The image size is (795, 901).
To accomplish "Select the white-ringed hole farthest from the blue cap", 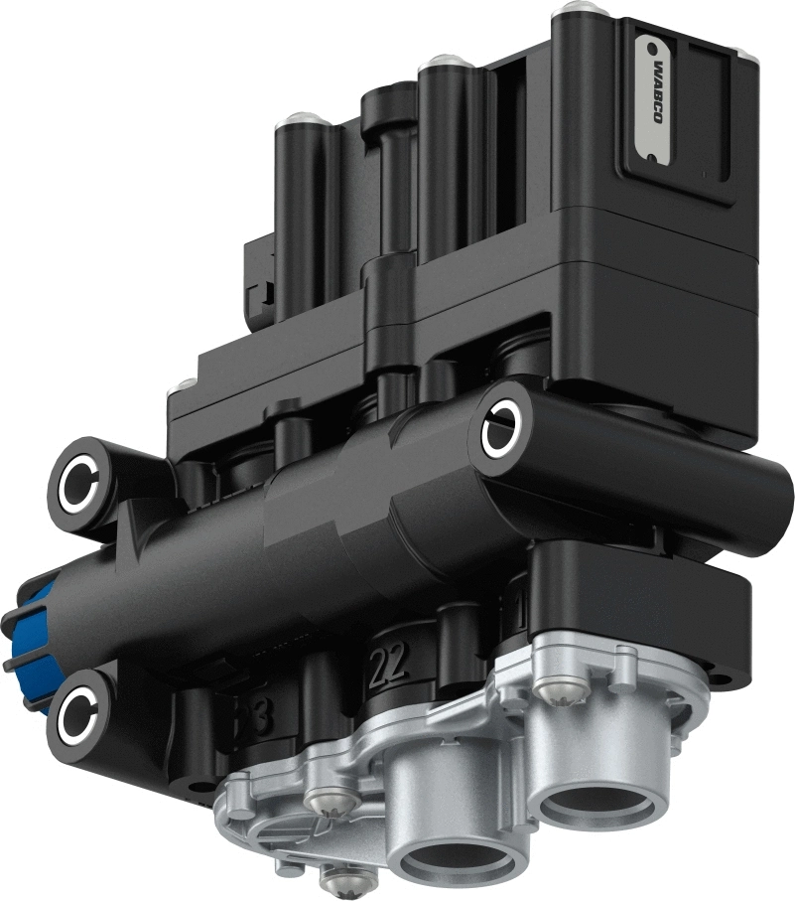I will [500, 431].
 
